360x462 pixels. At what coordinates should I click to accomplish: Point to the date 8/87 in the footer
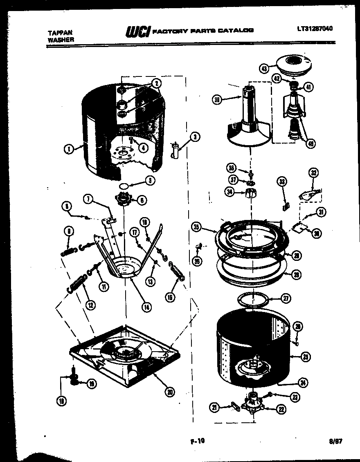pos(335,441)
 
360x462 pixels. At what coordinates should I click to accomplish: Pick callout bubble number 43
pos(264,69)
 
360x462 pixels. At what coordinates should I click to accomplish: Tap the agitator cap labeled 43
pos(294,65)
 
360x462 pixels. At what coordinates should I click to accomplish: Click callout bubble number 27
pos(286,298)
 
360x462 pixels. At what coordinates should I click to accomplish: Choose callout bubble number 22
pos(281,408)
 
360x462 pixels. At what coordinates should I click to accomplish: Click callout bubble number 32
pos(314,173)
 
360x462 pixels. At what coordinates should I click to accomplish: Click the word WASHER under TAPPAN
pos(61,40)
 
